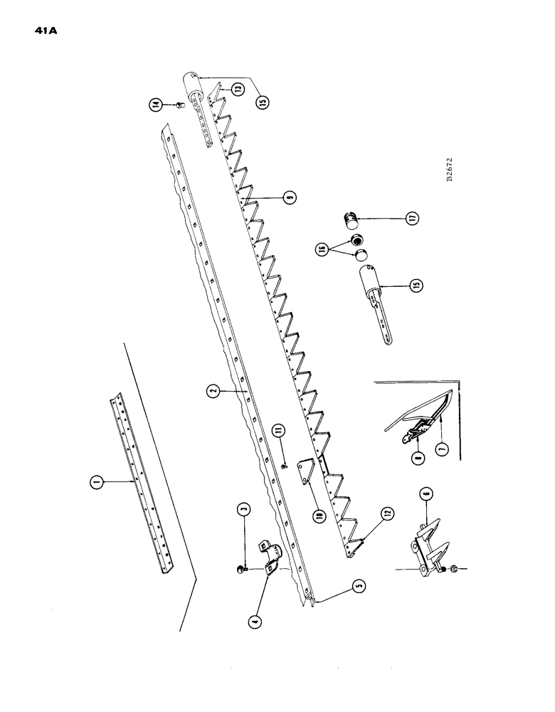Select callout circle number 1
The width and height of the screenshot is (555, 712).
pos(95,483)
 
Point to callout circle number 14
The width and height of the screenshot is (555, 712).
pos(155,105)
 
